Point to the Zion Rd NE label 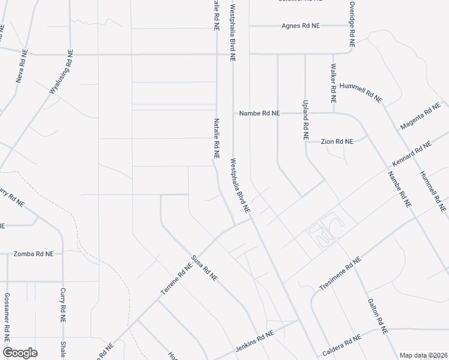pos(337,142)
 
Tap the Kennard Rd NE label pos(412,154)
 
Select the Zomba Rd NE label pos(34,254)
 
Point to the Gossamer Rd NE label pos(7,316)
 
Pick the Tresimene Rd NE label pos(340,273)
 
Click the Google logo pos(20,353)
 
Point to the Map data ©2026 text pos(424,355)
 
